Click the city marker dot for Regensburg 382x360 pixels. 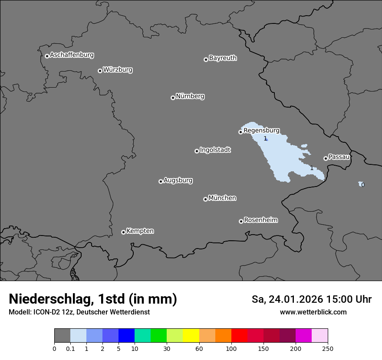[x=240, y=132]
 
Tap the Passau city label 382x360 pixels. [x=339, y=157]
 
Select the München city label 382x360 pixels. [x=222, y=198]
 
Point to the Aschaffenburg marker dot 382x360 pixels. [x=47, y=56]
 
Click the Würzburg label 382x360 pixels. [x=118, y=69]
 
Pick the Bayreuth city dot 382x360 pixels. [x=206, y=59]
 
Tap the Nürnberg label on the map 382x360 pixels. [x=190, y=96]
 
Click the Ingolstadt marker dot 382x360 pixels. [x=197, y=151]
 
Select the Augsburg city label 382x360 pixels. [x=178, y=180]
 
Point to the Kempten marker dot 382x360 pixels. [x=123, y=232]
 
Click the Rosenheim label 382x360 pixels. [x=260, y=220]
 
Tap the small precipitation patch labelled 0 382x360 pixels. [x=361, y=184]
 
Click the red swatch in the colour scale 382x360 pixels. [x=239, y=336]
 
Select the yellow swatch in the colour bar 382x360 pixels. [x=191, y=336]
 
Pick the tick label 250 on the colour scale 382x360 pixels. [x=328, y=348]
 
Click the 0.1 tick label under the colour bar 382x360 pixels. [x=70, y=348]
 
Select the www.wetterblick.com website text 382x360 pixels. [x=313, y=312]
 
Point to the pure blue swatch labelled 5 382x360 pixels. [x=126, y=336]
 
